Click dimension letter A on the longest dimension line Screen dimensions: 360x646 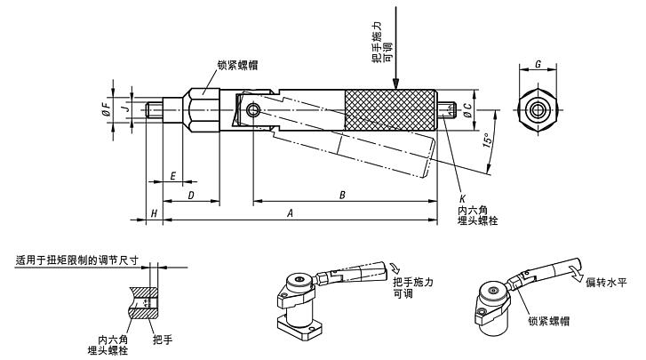point(290,213)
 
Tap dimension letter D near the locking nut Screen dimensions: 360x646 point(190,193)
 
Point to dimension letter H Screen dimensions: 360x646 point(154,213)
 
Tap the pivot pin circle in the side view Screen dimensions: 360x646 point(255,109)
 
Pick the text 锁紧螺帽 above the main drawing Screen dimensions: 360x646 point(239,64)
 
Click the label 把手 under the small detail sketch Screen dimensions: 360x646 point(162,339)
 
